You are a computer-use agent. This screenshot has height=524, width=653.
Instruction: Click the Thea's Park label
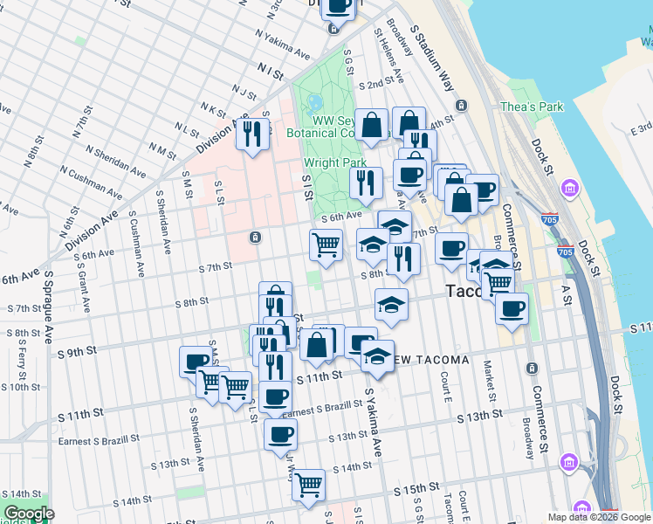click(x=532, y=107)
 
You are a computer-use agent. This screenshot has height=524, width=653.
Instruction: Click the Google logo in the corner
click(x=28, y=514)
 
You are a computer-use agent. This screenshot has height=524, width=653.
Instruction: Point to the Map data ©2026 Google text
click(x=599, y=517)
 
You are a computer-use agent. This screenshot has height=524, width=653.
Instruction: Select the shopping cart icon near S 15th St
click(x=308, y=485)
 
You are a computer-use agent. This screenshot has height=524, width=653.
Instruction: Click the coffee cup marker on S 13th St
click(x=280, y=434)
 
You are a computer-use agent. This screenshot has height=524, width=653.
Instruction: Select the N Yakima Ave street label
click(x=283, y=47)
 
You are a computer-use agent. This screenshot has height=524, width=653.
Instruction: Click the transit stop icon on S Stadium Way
click(x=462, y=106)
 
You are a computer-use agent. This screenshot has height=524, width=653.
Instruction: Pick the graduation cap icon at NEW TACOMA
click(x=377, y=355)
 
